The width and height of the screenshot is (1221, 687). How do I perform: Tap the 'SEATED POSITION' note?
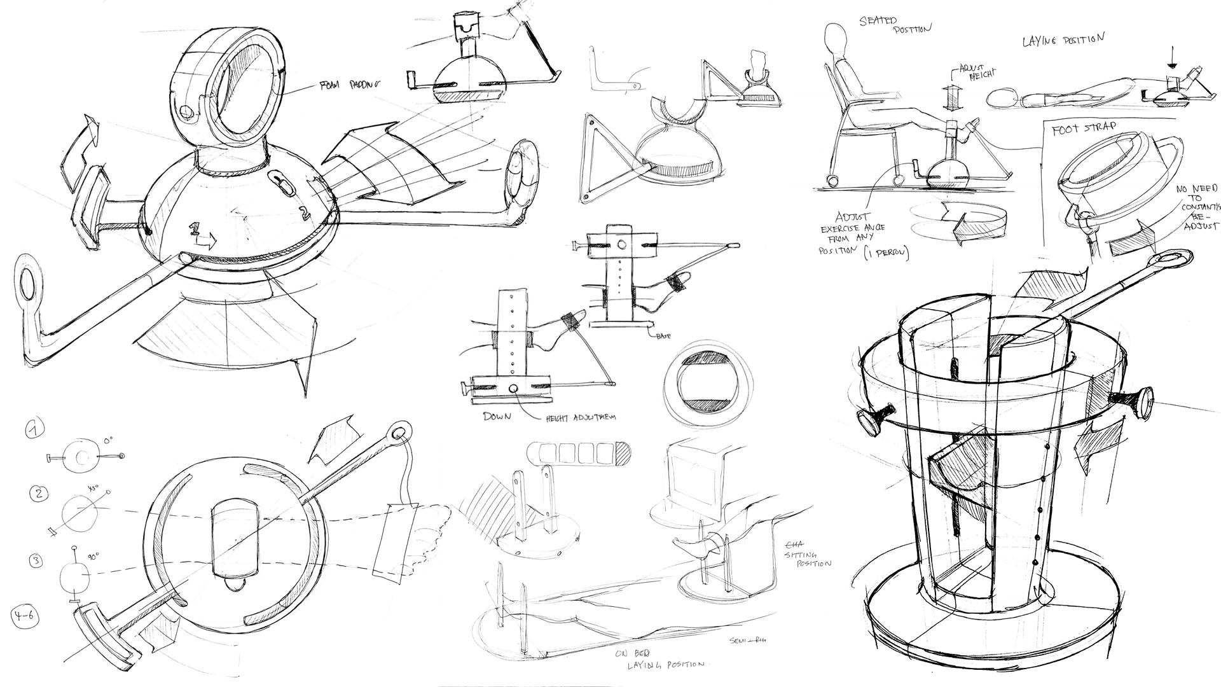[x=895, y=24]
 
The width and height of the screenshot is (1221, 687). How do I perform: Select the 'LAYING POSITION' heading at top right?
[x=1063, y=40]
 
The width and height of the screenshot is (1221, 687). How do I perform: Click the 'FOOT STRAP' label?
[x=1084, y=130]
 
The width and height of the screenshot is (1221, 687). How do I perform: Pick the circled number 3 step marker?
[x=36, y=561]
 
